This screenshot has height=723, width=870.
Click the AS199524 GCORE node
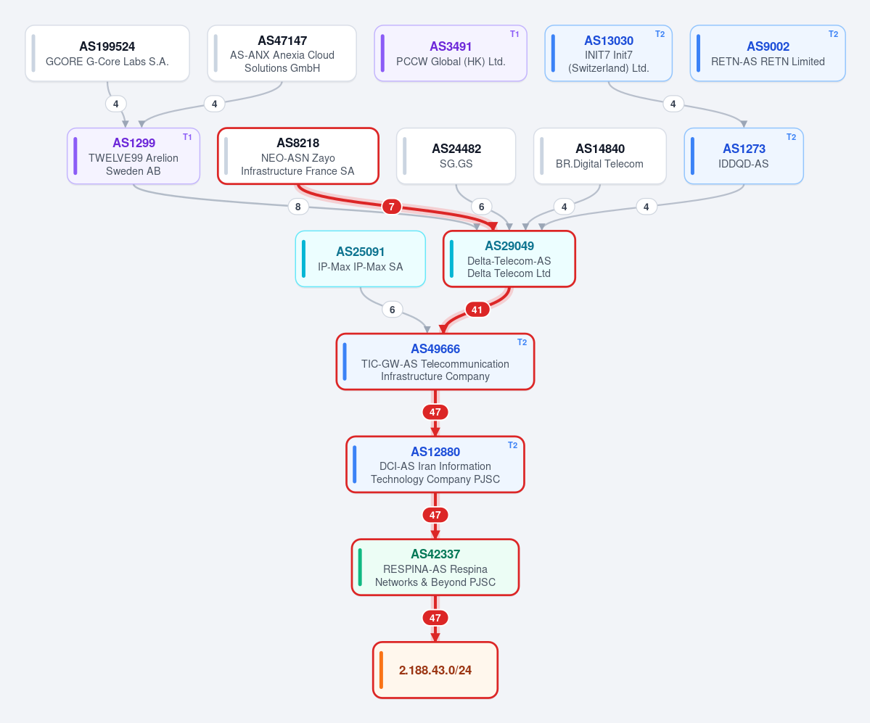pyautogui.click(x=107, y=53)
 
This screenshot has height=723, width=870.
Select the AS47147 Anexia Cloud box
pyautogui.click(x=282, y=53)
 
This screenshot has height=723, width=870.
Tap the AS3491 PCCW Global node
pyautogui.click(x=451, y=53)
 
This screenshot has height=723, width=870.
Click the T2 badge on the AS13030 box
pyautogui.click(x=660, y=34)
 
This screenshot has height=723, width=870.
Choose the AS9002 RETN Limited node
pyautogui.click(x=768, y=53)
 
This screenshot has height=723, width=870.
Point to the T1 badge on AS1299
pyautogui.click(x=187, y=137)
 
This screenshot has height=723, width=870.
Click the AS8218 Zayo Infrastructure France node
pyautogui.click(x=298, y=156)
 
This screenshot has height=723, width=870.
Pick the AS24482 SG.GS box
pyautogui.click(x=456, y=156)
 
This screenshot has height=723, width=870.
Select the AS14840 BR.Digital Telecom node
pyautogui.click(x=600, y=156)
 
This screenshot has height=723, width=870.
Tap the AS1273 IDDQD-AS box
pyautogui.click(x=744, y=156)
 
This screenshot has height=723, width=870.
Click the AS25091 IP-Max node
pyautogui.click(x=361, y=259)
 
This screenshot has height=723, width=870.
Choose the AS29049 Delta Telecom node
pyautogui.click(x=509, y=259)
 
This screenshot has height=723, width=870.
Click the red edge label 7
pyautogui.click(x=392, y=207)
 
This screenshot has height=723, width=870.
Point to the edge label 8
pyautogui.click(x=298, y=207)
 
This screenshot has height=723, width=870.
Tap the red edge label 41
pyautogui.click(x=477, y=310)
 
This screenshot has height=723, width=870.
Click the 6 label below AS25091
pyautogui.click(x=393, y=310)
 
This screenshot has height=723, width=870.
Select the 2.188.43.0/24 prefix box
pyautogui.click(x=435, y=670)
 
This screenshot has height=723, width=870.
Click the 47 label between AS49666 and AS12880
pyautogui.click(x=435, y=412)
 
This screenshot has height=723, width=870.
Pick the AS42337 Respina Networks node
pyautogui.click(x=435, y=567)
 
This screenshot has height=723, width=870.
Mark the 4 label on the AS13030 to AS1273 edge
pyautogui.click(x=673, y=104)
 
